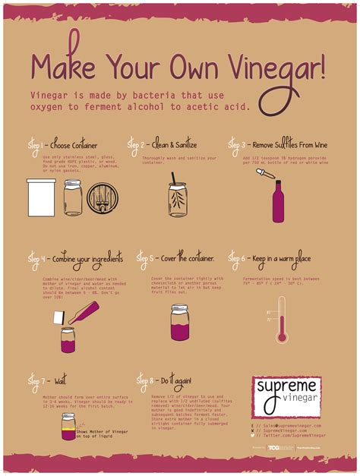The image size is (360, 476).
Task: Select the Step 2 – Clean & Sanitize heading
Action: coord(163,143)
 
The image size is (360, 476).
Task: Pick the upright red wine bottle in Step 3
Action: coord(279,202)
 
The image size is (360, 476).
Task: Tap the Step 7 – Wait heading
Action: coord(47,377)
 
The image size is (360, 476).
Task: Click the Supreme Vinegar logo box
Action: coord(286,396)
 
